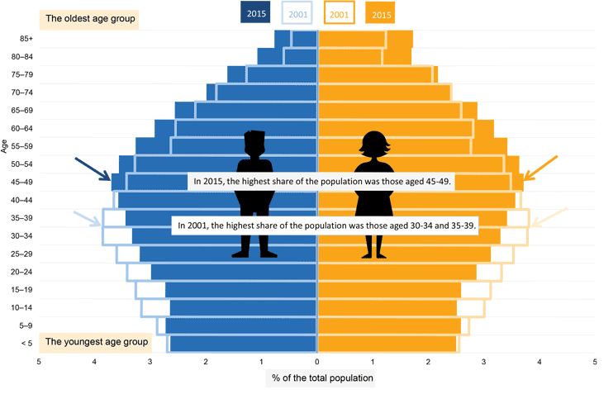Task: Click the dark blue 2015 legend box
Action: pyautogui.click(x=257, y=14)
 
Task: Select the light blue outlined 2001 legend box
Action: pyautogui.click(x=298, y=14)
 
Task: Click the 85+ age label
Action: pyautogui.click(x=26, y=39)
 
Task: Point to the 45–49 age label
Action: pyautogui.click(x=22, y=182)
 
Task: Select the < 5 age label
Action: pyautogui.click(x=26, y=343)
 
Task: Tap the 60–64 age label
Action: pyautogui.click(x=22, y=128)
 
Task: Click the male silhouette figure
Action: pyautogui.click(x=254, y=194)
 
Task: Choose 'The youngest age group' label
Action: pyautogui.click(x=96, y=341)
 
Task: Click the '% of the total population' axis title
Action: pyautogui.click(x=322, y=378)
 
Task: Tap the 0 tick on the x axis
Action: pyautogui.click(x=317, y=361)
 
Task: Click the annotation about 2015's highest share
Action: pyautogui.click(x=321, y=183)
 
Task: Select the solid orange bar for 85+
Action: pyautogui.click(x=399, y=39)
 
